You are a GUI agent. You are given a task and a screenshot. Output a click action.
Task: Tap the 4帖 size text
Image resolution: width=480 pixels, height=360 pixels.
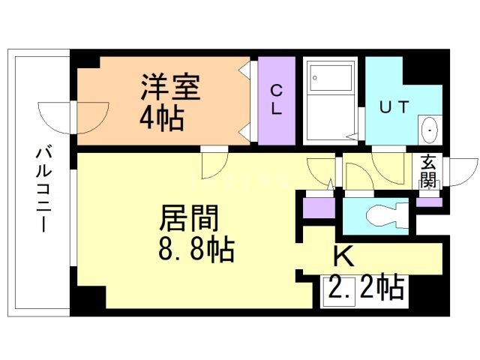161,119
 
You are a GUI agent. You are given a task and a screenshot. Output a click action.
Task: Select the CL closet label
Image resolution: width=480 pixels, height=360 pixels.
276,100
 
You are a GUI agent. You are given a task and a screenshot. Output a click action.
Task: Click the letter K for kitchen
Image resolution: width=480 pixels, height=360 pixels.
343,257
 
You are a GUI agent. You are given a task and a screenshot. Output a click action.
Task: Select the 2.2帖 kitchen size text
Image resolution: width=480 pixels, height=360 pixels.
364,286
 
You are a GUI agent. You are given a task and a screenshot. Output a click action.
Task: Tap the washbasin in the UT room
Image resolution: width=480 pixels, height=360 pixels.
428,130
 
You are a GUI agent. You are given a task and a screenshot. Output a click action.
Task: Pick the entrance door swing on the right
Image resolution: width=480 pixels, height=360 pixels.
462,168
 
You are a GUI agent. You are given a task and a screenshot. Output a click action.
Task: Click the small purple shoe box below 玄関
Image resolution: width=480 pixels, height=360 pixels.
429,201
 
